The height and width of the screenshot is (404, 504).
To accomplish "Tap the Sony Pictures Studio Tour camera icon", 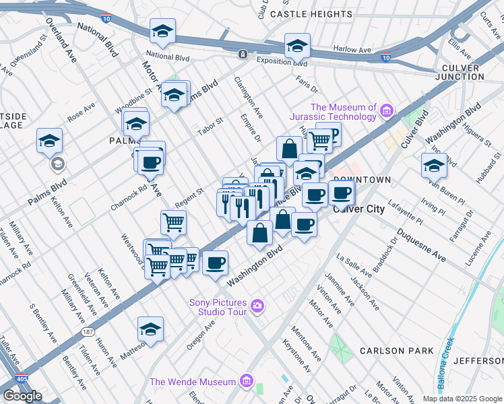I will pos(257,307).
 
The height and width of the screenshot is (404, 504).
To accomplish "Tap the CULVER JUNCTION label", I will pos(470,72).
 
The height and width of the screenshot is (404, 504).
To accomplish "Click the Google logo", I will pos(22,395).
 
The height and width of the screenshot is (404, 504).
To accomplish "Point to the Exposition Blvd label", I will pos(281,63).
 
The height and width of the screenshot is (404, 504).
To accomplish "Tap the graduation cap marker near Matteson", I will pos(150,329).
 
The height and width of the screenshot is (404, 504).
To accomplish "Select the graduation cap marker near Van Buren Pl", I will pos(433,164).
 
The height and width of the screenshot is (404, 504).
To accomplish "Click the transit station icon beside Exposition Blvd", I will pos(243,54).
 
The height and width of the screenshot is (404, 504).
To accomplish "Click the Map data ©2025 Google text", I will pos(462,399).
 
